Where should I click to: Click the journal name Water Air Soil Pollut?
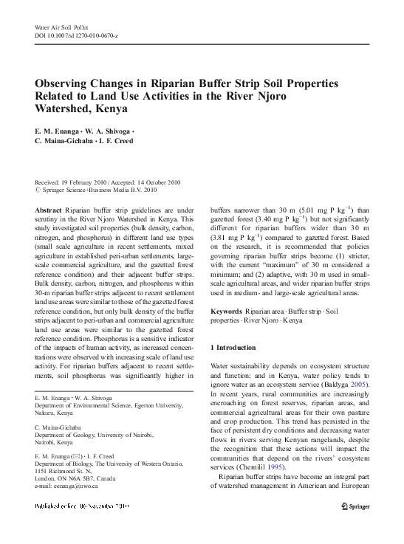(61, 27)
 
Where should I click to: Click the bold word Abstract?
(48, 210)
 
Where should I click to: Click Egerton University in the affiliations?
(160, 405)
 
